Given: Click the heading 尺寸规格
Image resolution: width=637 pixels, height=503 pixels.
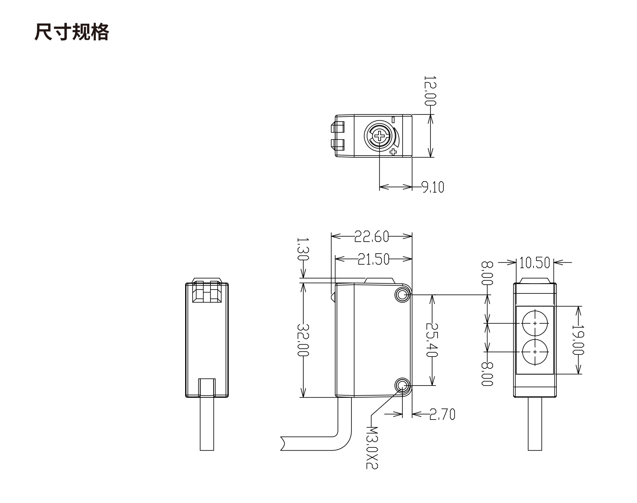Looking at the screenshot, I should click(72, 32).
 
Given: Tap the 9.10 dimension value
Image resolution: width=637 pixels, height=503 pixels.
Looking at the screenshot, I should click(433, 187).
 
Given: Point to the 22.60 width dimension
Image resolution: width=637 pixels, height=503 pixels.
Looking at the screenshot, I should click(372, 236).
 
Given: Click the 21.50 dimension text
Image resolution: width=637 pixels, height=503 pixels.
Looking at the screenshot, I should click(374, 259).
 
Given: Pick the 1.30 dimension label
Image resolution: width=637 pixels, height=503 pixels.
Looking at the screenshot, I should click(303, 249).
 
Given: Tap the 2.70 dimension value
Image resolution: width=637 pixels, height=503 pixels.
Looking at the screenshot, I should click(442, 414).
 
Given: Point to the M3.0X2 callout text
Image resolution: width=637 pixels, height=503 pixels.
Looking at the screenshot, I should click(372, 447).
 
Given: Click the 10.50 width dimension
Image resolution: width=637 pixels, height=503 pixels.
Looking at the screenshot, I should click(535, 263).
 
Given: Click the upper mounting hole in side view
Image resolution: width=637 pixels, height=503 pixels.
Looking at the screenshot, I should click(402, 295).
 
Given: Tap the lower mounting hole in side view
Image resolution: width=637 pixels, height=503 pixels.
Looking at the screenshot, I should click(402, 385).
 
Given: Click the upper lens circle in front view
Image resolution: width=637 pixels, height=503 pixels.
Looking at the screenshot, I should click(535, 323).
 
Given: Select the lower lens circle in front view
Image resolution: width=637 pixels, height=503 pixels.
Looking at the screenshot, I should click(535, 352).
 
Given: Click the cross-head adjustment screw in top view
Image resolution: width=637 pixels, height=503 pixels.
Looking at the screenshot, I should click(379, 136).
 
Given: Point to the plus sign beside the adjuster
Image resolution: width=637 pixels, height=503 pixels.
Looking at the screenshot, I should click(393, 152).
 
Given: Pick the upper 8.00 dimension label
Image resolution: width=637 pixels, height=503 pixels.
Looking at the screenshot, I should click(487, 273).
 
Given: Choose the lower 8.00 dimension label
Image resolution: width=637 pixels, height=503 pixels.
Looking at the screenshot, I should click(487, 374).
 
